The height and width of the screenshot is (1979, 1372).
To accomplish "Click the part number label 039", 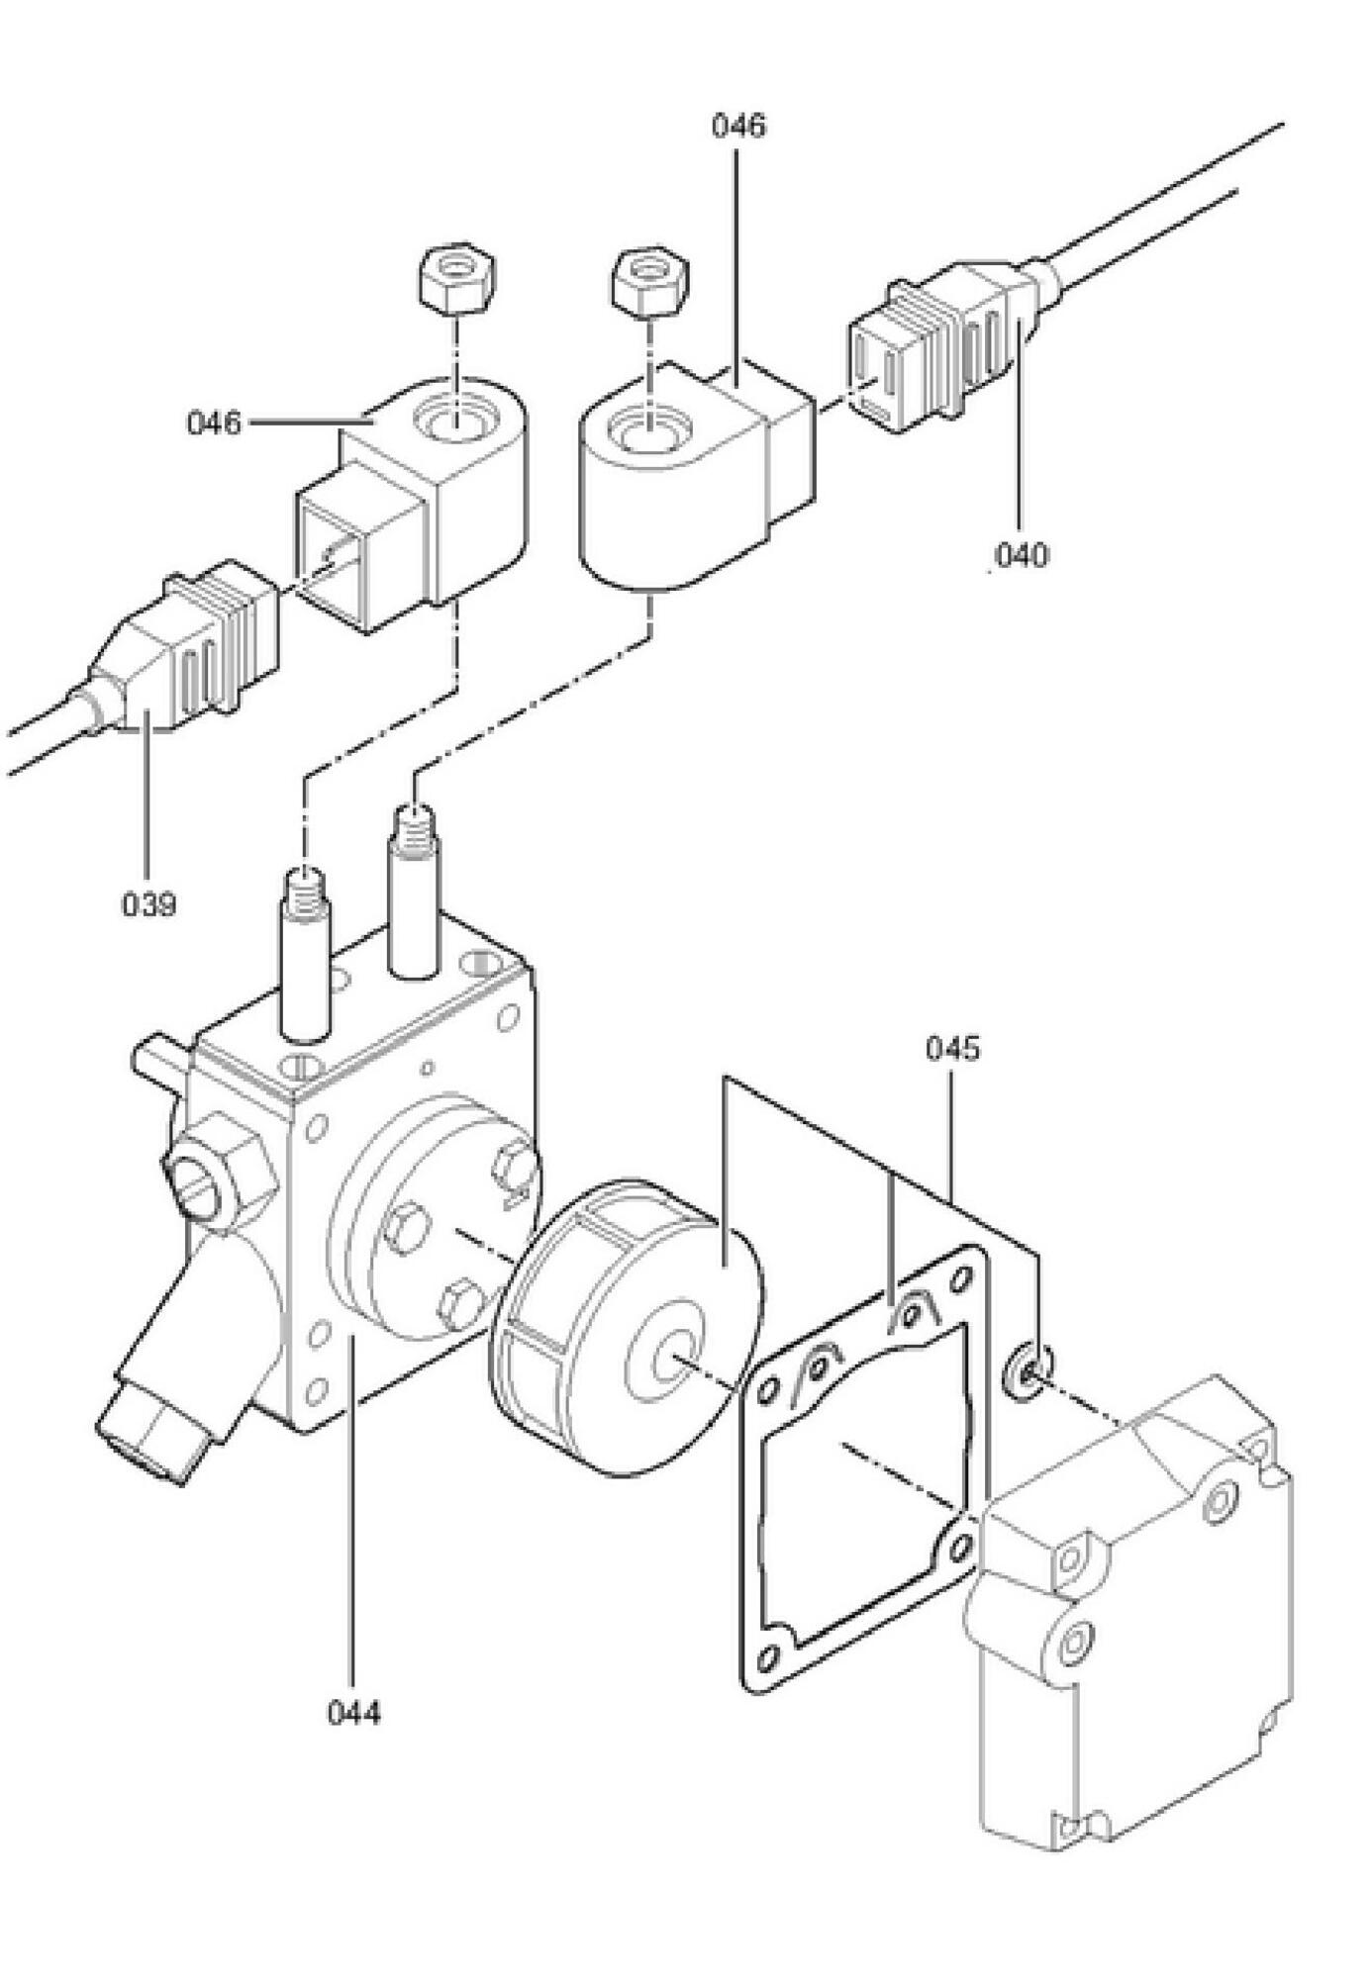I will point(148,903).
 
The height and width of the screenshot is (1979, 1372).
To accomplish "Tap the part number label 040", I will point(1021,555).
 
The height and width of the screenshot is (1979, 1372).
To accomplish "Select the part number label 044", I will point(353,1711).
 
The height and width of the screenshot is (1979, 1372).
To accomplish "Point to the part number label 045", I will point(952,1048).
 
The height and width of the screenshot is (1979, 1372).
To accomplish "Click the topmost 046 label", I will point(738,126).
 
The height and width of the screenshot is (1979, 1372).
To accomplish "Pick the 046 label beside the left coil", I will point(214,424).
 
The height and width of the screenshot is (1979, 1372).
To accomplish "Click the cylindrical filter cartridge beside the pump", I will point(624,1326).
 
